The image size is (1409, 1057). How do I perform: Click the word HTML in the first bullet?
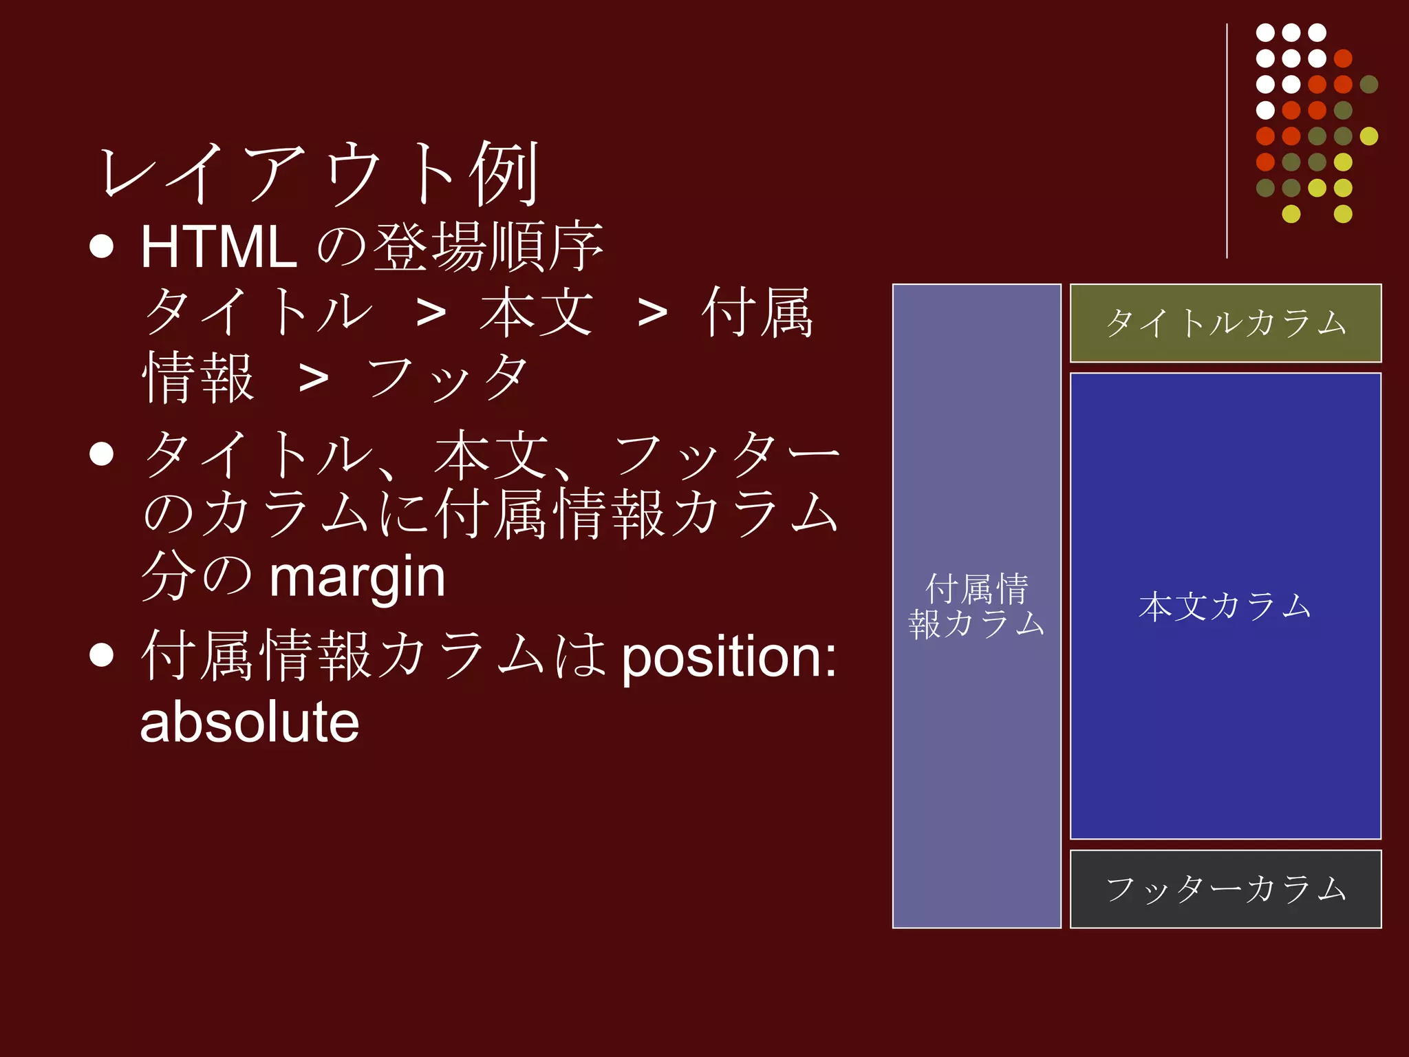coord(219,247)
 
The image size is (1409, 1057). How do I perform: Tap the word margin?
coord(357,578)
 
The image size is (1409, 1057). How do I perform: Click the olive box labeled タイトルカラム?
coord(1225,323)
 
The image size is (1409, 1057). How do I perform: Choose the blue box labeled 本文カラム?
coord(1225,606)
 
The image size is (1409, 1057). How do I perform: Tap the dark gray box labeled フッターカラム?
coord(1225,889)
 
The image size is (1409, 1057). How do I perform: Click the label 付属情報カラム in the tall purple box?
coord(976,606)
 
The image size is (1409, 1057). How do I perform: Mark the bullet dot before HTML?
coord(102,246)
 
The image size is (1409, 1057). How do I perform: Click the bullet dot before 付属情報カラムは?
coord(102,655)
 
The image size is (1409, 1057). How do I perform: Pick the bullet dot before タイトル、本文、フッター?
coord(102,454)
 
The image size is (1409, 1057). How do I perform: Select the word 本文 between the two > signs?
coord(537,313)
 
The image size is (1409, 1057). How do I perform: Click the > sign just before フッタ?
coord(314,378)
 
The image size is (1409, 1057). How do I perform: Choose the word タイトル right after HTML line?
coord(258,313)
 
